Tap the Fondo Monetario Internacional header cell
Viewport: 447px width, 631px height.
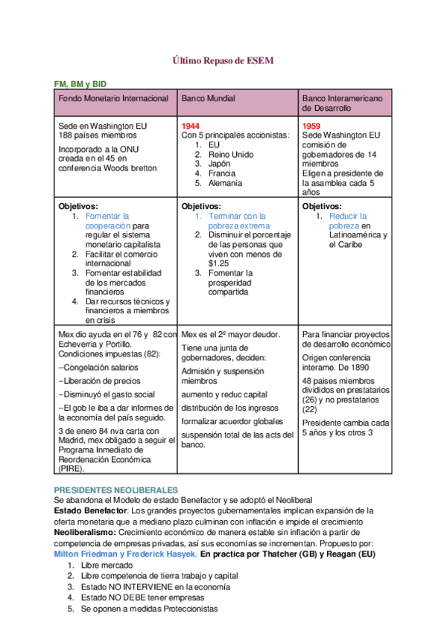(x=114, y=98)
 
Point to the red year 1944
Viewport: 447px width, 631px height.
(x=191, y=126)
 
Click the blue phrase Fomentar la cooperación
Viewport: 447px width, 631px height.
(x=108, y=221)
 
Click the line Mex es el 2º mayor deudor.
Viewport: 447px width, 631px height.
(x=231, y=335)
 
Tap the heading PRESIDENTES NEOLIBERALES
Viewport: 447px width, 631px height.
(x=116, y=490)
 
